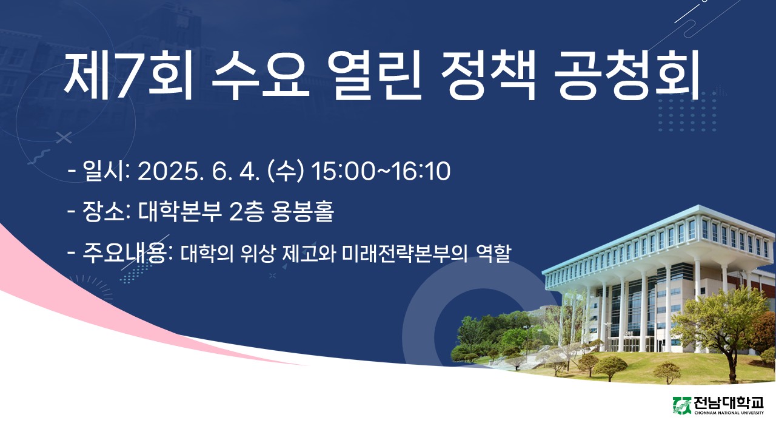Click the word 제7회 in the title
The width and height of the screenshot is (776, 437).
click(127, 76)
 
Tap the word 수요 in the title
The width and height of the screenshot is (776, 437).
click(261, 76)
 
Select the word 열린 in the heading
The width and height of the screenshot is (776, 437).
click(374, 76)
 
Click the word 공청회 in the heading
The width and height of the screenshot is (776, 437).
click(627, 76)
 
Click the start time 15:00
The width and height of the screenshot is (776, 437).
click(343, 171)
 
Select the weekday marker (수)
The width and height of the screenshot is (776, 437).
click(286, 171)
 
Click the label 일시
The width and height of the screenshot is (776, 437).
click(104, 171)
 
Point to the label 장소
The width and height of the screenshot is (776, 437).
click(104, 211)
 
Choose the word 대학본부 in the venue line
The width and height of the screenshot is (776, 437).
click(180, 211)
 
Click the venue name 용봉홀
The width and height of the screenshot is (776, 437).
click(303, 211)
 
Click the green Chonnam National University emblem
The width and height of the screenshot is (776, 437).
click(682, 406)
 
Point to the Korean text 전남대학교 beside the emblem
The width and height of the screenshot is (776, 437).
click(728, 404)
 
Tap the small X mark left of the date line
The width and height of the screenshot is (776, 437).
click(64, 138)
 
